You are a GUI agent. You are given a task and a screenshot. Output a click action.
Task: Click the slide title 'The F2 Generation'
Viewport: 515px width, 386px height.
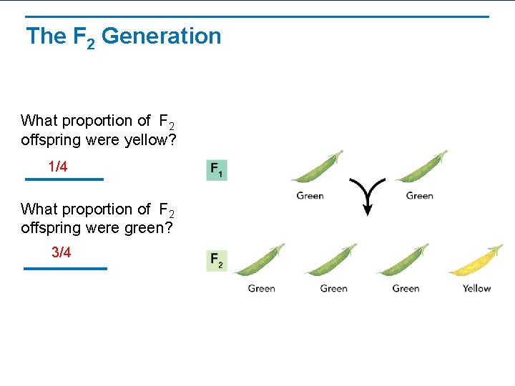click(123, 36)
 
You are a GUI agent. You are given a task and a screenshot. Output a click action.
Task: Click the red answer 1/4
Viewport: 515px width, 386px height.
click(58, 167)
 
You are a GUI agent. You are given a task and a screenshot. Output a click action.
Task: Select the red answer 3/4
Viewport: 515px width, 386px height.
click(62, 253)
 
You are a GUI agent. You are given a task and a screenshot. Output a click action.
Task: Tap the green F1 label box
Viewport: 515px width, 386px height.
click(217, 170)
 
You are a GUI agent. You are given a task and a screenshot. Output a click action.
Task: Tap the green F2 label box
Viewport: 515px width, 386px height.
click(217, 260)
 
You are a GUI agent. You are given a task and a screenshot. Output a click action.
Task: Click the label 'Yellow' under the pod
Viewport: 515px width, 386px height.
click(476, 289)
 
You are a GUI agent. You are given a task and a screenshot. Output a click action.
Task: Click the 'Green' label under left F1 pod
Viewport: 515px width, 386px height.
click(310, 196)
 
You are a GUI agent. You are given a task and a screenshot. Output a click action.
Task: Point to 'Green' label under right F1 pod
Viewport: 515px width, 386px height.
click(419, 196)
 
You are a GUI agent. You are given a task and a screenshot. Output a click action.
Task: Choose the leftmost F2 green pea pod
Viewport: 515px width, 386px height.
click(258, 261)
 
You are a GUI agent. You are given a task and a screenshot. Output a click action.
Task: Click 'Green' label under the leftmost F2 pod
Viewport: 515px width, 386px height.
click(261, 289)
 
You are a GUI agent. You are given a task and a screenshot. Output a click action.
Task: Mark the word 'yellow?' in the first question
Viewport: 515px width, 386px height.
click(151, 140)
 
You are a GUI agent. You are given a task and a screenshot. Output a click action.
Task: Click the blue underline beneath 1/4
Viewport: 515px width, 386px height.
click(64, 179)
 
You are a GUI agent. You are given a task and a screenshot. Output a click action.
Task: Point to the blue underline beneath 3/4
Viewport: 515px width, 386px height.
click(65, 268)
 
